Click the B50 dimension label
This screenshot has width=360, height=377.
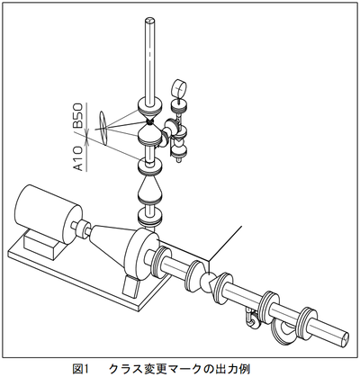[78, 115]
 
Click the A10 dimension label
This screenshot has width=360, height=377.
[78, 158]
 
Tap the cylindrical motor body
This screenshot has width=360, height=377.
[48, 210]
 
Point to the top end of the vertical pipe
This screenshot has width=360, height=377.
[149, 21]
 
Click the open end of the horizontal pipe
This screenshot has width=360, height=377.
[344, 338]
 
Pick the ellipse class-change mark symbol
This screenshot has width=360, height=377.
[103, 128]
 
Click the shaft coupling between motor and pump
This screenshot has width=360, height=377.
[82, 229]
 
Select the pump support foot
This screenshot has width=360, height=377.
[131, 286]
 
